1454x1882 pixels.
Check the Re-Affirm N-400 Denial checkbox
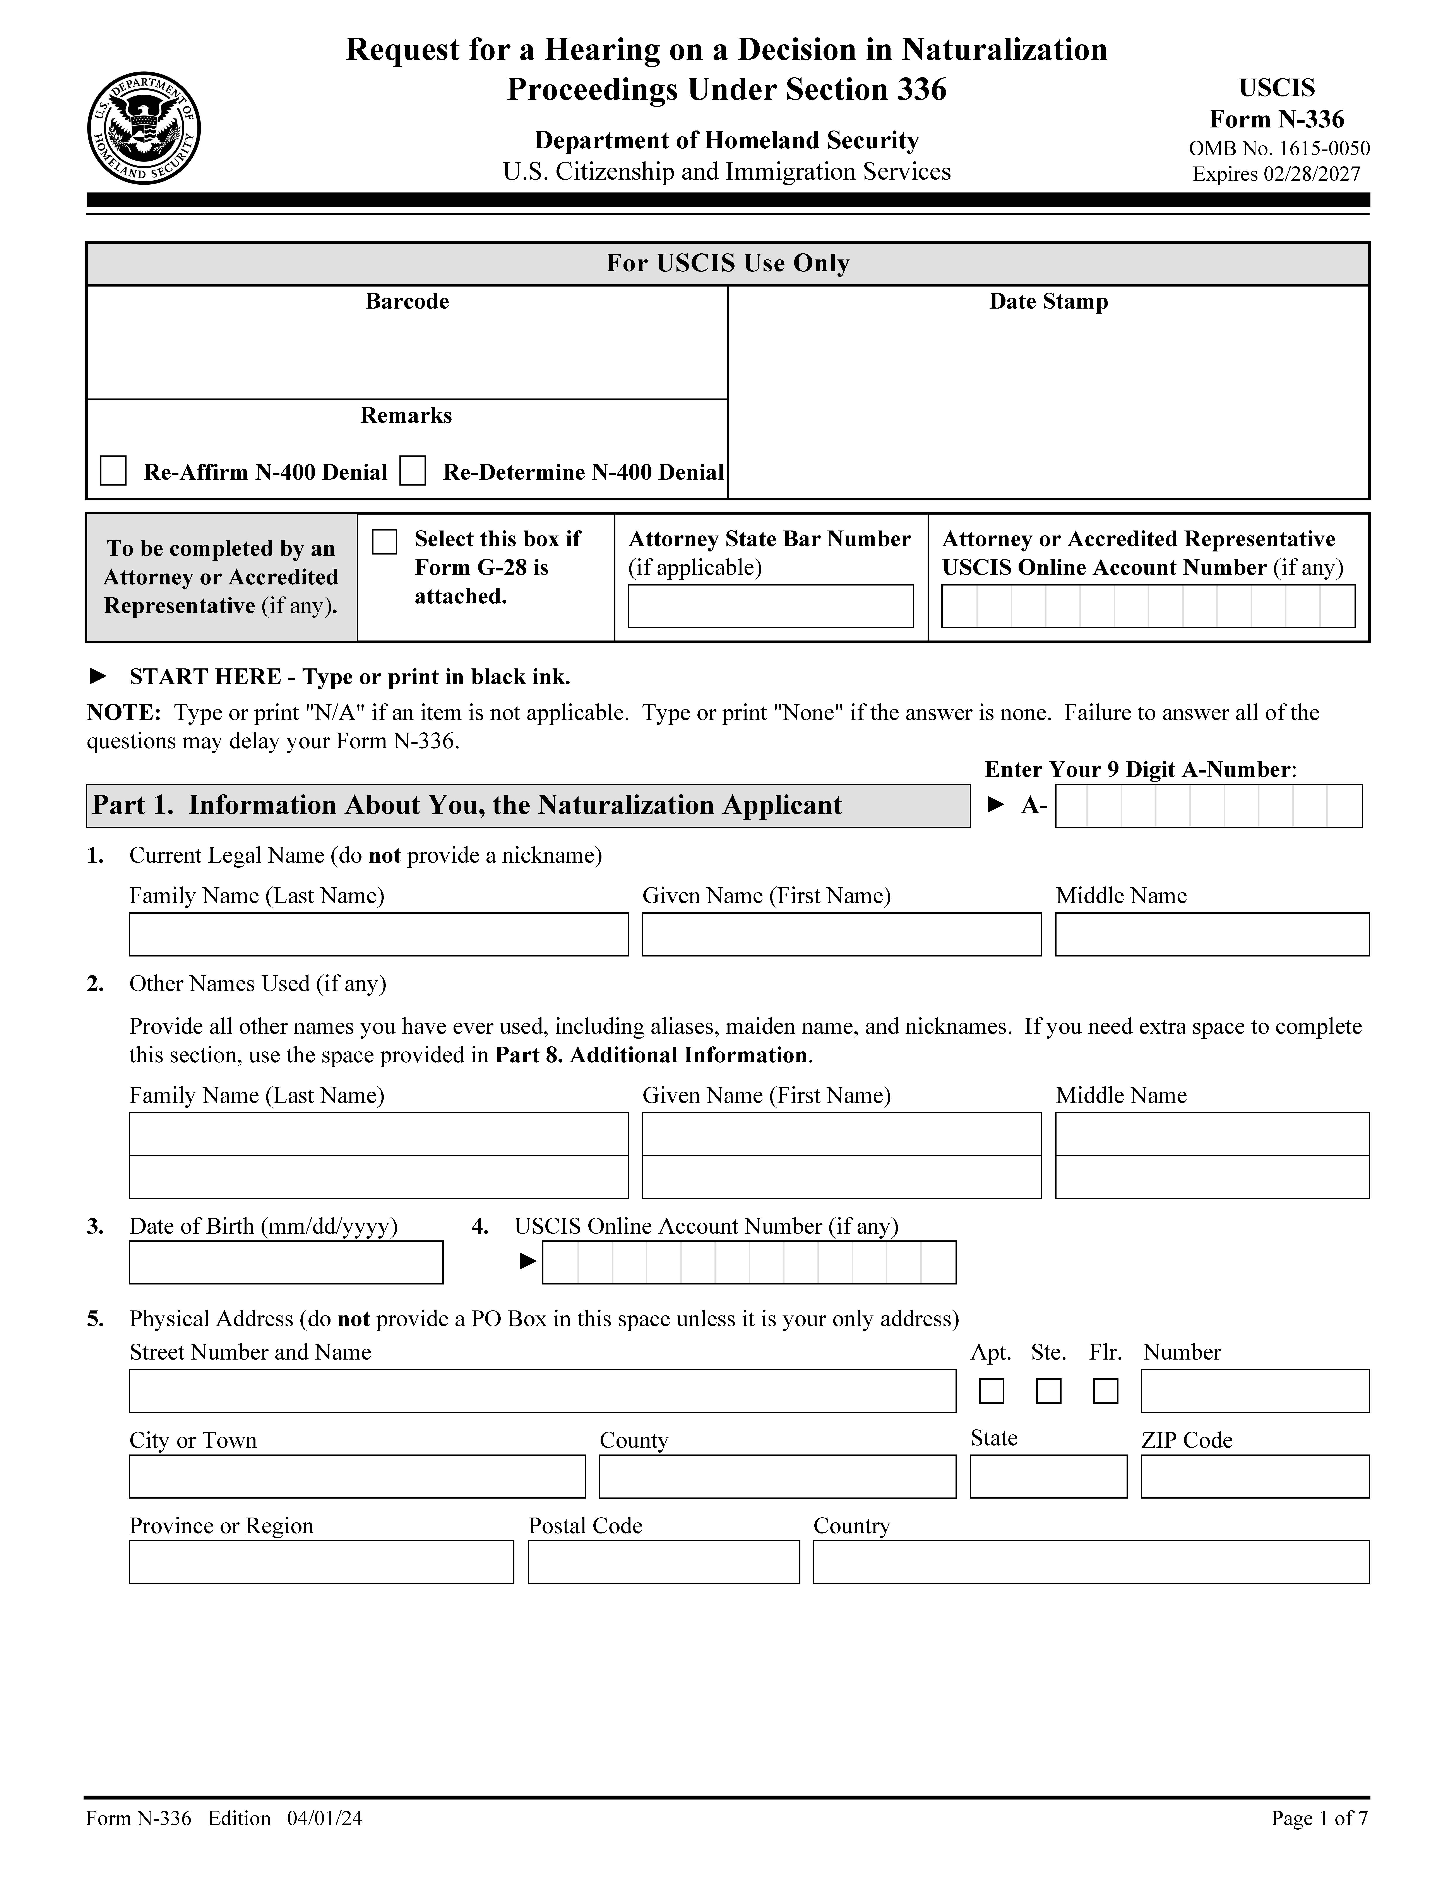[114, 471]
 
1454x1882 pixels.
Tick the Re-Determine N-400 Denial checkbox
[413, 471]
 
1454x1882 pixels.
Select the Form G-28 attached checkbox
[384, 542]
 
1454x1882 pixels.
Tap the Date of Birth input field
[286, 1262]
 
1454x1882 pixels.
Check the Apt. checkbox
[992, 1391]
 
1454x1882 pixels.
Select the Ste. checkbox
[1048, 1391]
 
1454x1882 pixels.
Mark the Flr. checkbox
[1105, 1391]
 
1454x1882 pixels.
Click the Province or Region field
[321, 1562]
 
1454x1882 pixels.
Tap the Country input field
[1091, 1562]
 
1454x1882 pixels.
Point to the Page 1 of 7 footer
[1319, 1818]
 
